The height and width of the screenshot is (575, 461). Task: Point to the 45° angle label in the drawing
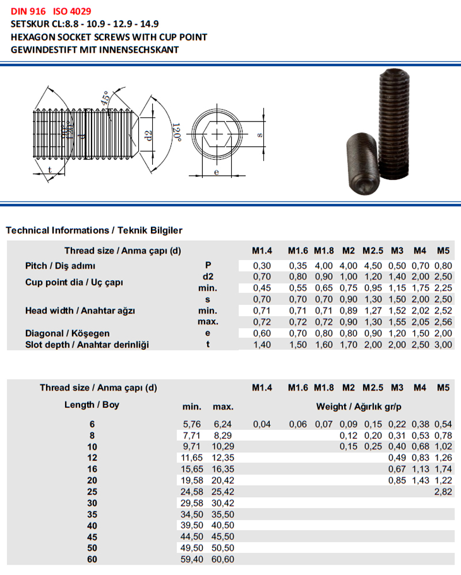105,98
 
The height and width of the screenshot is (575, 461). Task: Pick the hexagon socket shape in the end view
217,134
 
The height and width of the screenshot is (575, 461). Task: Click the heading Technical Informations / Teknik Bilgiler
94,230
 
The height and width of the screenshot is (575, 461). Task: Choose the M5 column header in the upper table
443,251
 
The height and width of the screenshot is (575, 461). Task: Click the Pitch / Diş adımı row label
59,266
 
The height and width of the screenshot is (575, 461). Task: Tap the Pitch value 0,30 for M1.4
262,266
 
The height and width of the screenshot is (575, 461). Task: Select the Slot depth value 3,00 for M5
443,345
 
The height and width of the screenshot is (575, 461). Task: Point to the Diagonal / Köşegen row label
67,333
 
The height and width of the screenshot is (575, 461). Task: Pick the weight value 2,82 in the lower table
443,492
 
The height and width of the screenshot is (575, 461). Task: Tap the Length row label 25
90,492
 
